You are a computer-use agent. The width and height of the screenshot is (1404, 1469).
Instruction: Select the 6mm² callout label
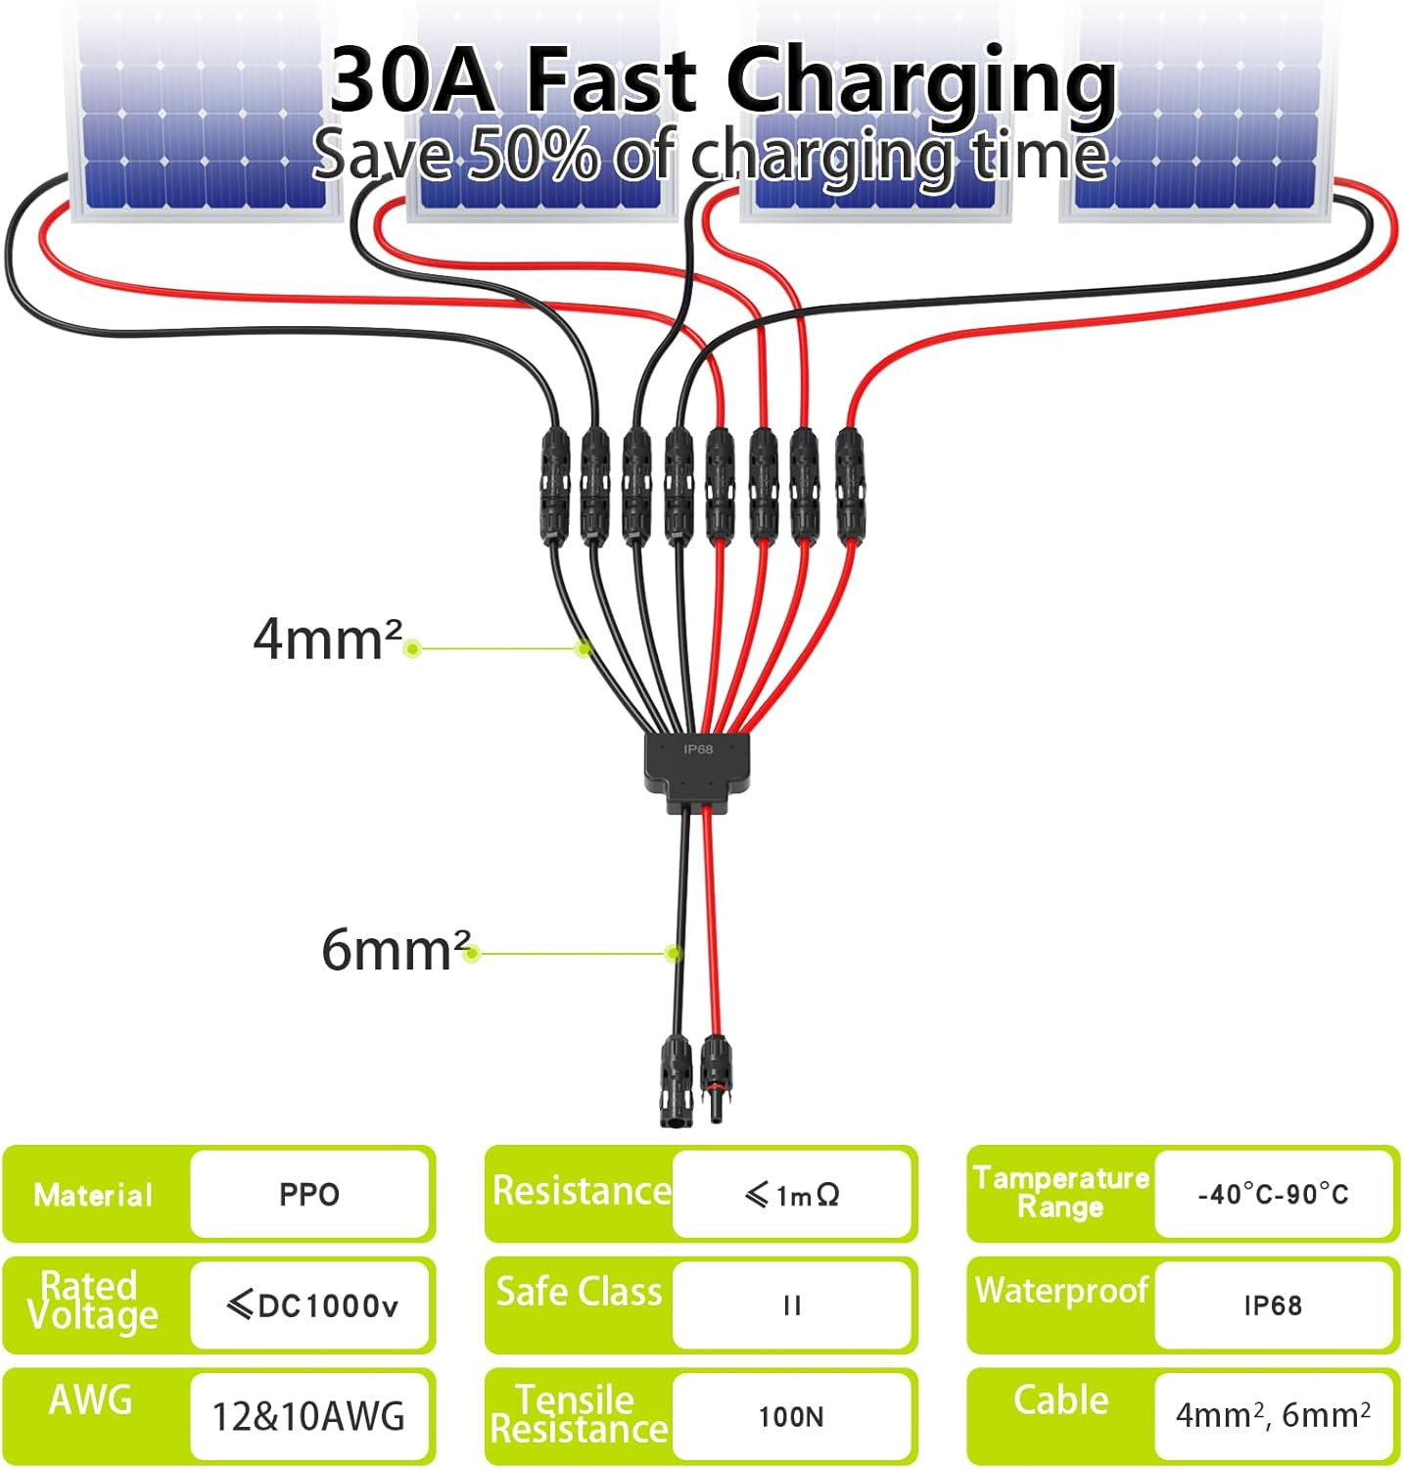click(x=397, y=949)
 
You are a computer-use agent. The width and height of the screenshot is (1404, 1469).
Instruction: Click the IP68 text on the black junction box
click(x=698, y=749)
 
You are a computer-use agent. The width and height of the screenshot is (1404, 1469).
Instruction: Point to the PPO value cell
click(x=309, y=1194)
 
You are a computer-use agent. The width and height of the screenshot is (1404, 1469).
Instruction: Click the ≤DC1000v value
click(x=312, y=1304)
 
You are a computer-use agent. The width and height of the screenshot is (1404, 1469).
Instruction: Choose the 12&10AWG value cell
click(x=308, y=1416)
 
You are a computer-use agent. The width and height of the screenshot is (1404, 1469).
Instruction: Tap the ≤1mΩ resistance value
click(x=792, y=1195)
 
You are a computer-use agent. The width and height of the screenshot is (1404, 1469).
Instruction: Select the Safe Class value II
click(x=792, y=1305)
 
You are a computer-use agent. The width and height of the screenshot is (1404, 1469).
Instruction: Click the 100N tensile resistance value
click(x=791, y=1416)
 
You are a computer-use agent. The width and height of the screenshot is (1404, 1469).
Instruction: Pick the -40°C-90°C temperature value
click(x=1273, y=1194)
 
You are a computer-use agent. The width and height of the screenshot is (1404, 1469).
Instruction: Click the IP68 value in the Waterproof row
click(x=1273, y=1305)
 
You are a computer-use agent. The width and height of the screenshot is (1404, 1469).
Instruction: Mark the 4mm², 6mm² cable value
click(x=1273, y=1415)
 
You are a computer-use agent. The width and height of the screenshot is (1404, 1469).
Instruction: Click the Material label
click(x=93, y=1195)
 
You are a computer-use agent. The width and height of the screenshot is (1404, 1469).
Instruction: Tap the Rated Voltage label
click(x=92, y=1300)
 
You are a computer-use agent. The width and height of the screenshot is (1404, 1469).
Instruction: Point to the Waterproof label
click(x=1061, y=1291)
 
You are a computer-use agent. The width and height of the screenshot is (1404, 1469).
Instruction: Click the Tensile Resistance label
click(x=579, y=1413)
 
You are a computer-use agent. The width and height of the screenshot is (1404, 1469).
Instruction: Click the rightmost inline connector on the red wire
click(x=849, y=486)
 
